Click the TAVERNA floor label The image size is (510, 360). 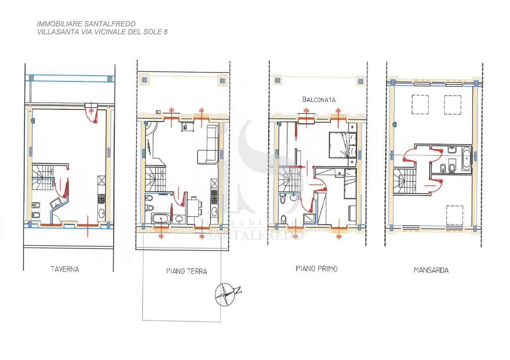pos(65,270)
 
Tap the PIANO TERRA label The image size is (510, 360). pos(186,271)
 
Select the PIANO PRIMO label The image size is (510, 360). pos(316,269)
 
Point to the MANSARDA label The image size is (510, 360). pos(431,270)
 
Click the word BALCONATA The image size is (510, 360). pos(319,100)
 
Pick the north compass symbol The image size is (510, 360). pos(226,294)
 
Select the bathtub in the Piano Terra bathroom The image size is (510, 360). pos(161,219)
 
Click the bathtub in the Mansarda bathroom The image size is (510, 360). pos(467,158)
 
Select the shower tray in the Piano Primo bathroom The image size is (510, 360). pos(310,219)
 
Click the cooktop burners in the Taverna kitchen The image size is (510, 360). pos(101,199)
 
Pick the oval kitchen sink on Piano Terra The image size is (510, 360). pos(214,211)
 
